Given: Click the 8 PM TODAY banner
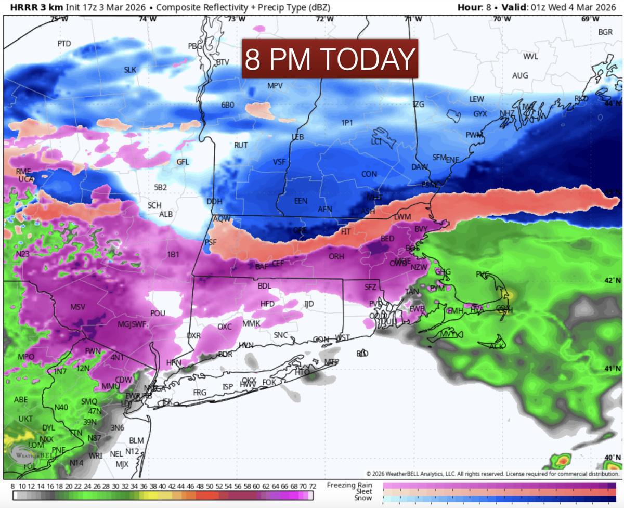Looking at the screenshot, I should click(330, 59).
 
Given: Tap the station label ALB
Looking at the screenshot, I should click(166, 214).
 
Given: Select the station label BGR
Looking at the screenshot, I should click(605, 32).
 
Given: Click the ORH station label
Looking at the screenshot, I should click(336, 256).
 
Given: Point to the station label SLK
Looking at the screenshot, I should click(130, 70).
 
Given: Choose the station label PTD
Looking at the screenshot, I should click(64, 44).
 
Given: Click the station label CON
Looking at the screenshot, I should click(369, 174).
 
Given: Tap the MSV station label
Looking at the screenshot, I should click(77, 307).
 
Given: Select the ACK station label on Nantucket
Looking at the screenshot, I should click(497, 346).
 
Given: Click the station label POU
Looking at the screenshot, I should click(158, 314).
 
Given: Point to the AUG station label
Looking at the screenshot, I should click(520, 76).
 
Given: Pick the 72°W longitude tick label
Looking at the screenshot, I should click(324, 19).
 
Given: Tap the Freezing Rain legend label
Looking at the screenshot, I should click(349, 485).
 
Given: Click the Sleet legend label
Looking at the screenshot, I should click(364, 491).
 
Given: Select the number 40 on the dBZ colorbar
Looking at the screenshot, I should click(162, 486).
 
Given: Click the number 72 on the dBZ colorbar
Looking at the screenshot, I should click(313, 486).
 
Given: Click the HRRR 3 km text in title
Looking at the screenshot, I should click(34, 8).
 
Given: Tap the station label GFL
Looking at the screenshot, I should click(183, 162).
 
